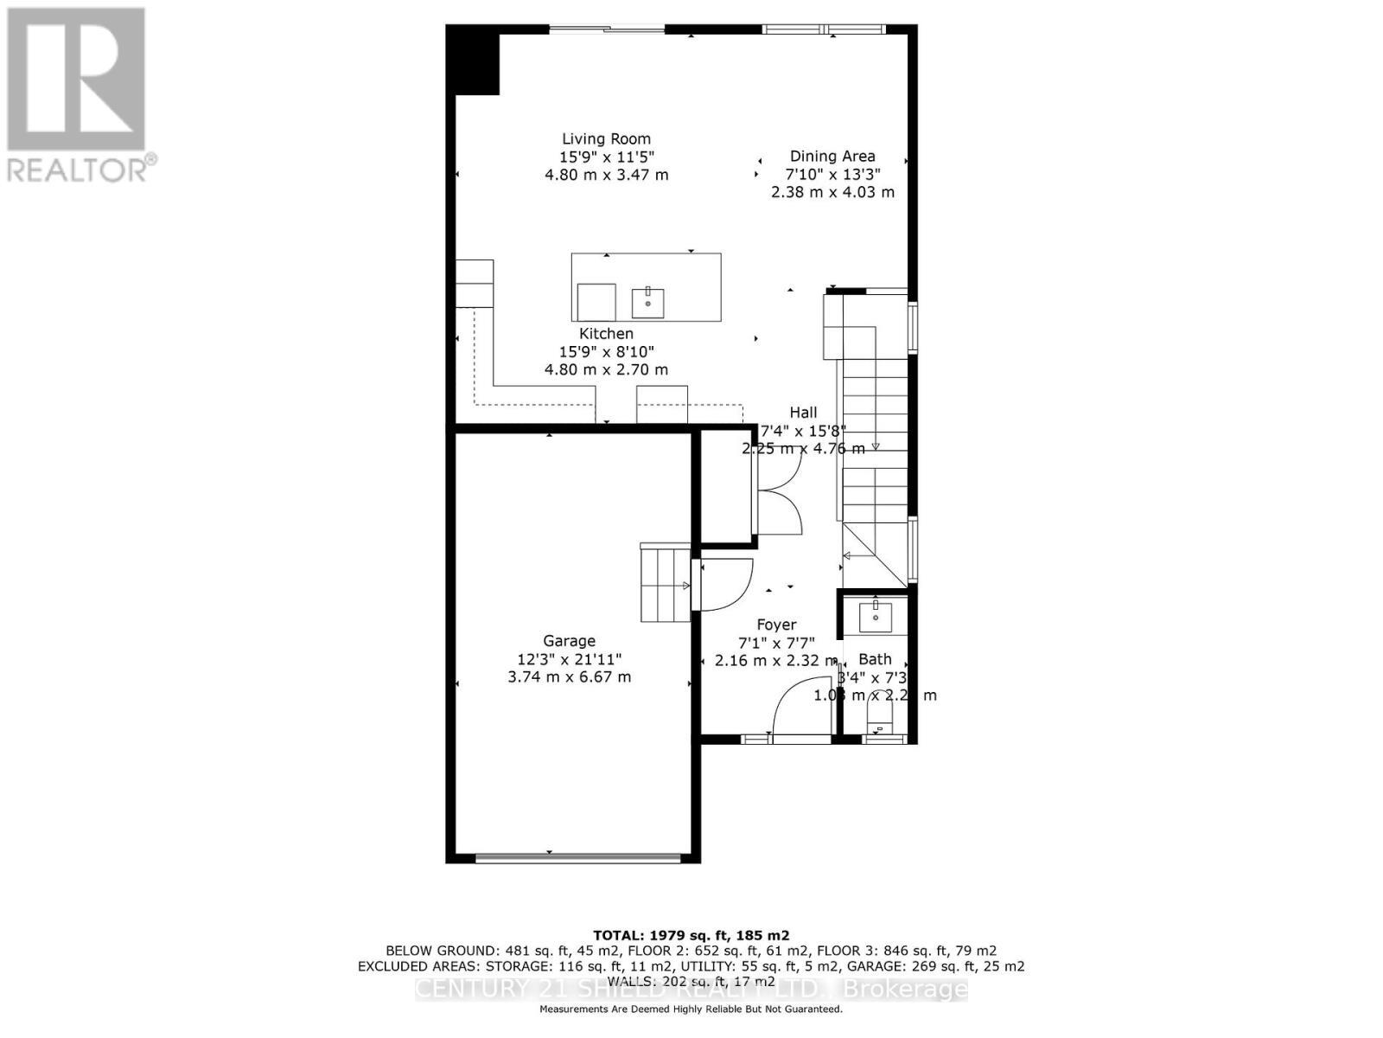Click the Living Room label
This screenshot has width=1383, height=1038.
pyautogui.click(x=606, y=138)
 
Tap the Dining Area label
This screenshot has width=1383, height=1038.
pyautogui.click(x=832, y=156)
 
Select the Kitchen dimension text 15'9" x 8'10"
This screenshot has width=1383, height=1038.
pyautogui.click(x=606, y=351)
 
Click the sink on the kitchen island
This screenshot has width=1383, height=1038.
pyautogui.click(x=647, y=303)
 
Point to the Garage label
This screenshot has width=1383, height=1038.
pyautogui.click(x=569, y=641)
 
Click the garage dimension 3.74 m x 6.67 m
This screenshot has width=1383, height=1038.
pyautogui.click(x=569, y=676)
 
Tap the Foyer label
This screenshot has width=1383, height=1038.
pyautogui.click(x=776, y=625)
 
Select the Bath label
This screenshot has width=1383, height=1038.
pyautogui.click(x=875, y=659)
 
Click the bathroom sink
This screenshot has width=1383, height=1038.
pyautogui.click(x=875, y=616)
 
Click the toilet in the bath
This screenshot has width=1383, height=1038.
pyautogui.click(x=879, y=716)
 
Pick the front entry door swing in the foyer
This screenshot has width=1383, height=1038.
pyautogui.click(x=800, y=709)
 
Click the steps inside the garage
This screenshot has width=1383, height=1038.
pyautogui.click(x=664, y=585)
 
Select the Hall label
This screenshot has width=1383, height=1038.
pyautogui.click(x=803, y=413)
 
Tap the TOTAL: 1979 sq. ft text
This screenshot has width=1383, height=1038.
pyautogui.click(x=691, y=935)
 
